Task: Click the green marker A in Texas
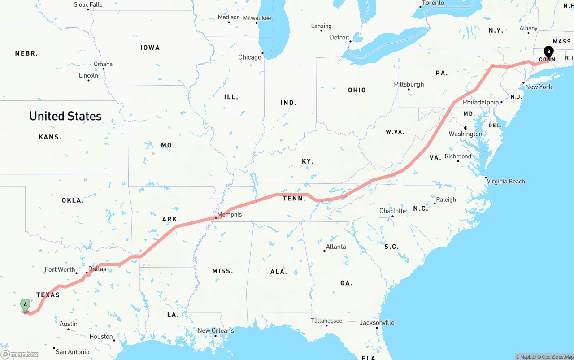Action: (26, 305)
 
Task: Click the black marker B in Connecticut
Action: (548, 52)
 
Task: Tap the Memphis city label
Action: (229, 215)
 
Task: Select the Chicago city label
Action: (250, 57)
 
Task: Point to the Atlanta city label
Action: (336, 247)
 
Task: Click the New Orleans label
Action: (216, 331)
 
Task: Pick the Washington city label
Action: (465, 134)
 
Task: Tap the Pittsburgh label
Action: (409, 84)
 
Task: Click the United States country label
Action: (65, 116)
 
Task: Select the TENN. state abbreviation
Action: (294, 198)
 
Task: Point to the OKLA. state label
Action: (73, 200)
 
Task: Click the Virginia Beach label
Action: (506, 182)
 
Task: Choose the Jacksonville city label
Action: (377, 323)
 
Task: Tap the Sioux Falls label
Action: (88, 4)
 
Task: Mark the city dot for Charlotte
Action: (392, 217)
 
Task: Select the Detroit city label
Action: (339, 37)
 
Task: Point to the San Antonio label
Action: (73, 352)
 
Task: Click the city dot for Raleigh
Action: (435, 204)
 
